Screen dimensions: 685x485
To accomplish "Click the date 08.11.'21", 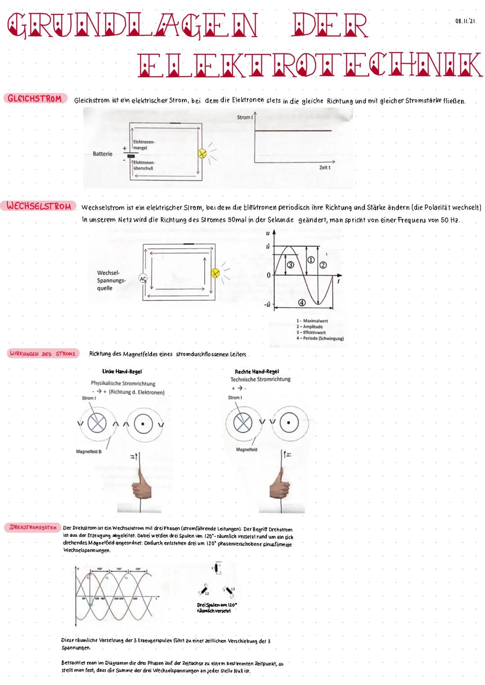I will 465,21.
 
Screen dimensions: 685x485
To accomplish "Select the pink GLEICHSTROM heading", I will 35,99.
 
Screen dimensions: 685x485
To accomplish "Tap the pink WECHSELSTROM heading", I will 39,206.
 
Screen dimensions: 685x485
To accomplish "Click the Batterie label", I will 102,154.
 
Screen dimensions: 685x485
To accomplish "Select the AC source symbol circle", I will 143,278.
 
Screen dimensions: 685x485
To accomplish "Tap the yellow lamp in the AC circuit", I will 215,273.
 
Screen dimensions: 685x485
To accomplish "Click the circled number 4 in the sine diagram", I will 302,303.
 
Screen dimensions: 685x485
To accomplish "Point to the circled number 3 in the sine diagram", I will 291,265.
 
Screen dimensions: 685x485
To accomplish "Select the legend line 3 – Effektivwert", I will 312,332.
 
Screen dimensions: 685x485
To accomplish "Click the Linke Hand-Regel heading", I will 122,371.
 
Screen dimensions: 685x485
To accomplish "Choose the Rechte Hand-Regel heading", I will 256,371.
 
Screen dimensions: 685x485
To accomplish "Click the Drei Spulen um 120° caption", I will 217,607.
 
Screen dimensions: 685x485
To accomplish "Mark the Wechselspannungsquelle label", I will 111,280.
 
